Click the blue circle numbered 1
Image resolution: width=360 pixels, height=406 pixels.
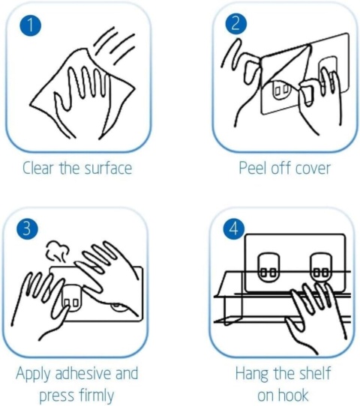[31, 25]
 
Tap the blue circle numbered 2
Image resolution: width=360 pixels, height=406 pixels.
[235, 23]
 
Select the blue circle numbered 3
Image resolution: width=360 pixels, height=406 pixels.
[27, 229]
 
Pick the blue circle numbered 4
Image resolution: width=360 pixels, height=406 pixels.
[233, 228]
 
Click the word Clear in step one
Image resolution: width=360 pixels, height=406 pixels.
[37, 168]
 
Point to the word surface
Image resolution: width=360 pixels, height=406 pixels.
[108, 168]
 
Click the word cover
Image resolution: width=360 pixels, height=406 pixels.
[313, 169]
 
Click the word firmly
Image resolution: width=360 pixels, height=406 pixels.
[96, 396]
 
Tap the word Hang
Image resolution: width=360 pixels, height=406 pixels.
[252, 374]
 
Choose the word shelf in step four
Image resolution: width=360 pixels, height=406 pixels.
[315, 373]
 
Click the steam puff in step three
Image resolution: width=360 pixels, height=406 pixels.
[57, 250]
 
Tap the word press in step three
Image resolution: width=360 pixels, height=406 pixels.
[56, 396]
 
